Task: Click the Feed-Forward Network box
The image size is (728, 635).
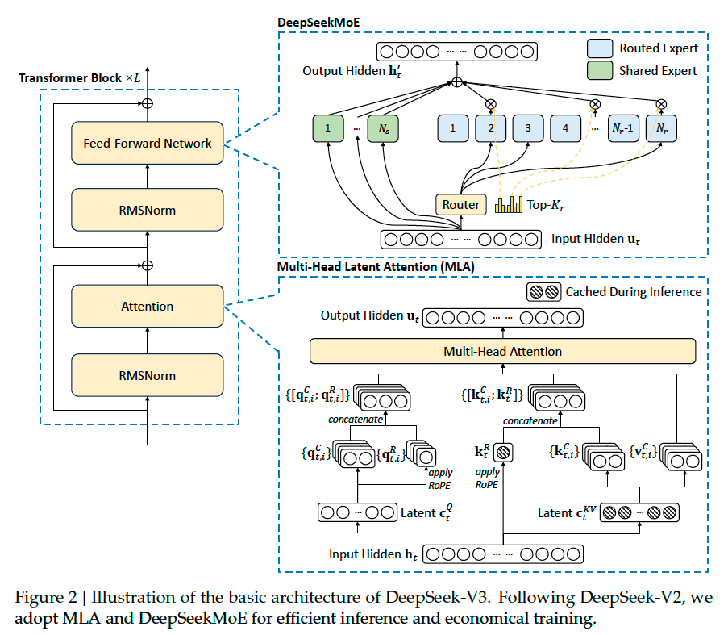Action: coord(147,144)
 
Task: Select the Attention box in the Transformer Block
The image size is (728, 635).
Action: coord(147,307)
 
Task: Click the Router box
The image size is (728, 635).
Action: coord(462,205)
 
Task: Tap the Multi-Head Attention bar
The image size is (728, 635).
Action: coord(502,352)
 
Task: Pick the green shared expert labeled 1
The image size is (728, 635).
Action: coord(328,127)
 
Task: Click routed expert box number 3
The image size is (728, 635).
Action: coord(528,127)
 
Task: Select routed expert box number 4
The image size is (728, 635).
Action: coord(566,127)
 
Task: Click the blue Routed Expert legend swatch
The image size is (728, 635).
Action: coord(599,48)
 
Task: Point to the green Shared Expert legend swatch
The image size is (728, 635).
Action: coord(599,70)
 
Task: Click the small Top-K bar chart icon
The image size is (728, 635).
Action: coord(509,205)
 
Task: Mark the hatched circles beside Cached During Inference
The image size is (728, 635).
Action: coord(543,292)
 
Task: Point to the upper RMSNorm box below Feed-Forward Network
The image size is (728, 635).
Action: coord(147,211)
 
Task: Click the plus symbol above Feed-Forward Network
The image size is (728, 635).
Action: coord(147,103)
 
